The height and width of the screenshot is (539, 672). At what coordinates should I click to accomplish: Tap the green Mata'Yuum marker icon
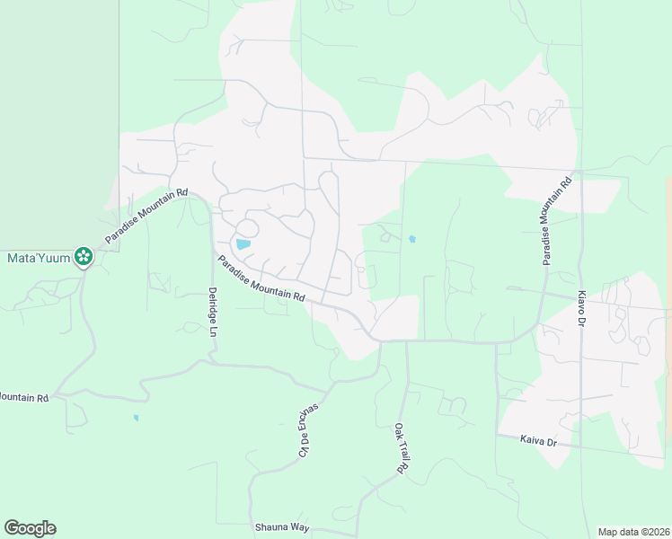pos(84,257)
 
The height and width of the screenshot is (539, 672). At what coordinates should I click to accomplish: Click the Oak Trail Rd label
pos(402,448)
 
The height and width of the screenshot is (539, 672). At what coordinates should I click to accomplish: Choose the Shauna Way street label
pos(281,527)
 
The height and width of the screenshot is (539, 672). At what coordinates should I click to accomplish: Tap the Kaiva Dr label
pos(539,441)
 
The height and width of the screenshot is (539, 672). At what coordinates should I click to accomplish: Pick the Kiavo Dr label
pos(581,308)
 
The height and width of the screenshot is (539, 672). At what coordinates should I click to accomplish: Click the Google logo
pos(30,528)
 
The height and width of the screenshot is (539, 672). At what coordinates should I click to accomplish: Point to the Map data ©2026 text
pos(632,531)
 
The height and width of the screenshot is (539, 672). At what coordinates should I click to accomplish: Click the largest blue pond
pos(243,243)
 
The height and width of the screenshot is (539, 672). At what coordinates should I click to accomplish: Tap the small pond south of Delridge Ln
pos(136,417)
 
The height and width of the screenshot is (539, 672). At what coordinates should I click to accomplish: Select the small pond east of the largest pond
pos(411,239)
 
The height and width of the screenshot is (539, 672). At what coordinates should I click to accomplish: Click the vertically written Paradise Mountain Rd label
pos(555,221)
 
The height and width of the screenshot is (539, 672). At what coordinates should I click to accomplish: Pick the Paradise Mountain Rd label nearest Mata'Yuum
pos(146,216)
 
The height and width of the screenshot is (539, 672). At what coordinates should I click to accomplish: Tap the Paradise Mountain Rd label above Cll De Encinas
pos(261,278)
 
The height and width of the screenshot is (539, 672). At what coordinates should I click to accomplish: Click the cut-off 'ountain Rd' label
pos(24,396)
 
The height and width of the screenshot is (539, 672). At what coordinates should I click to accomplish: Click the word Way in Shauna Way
pos(297,527)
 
